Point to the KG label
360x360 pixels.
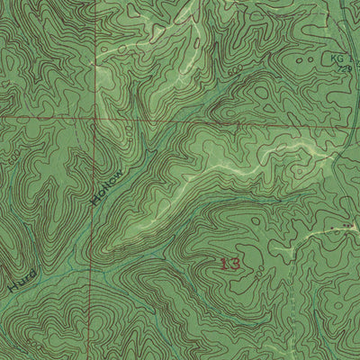[x=337, y=58]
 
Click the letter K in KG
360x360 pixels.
[x=333, y=58]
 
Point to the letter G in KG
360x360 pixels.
[x=340, y=58]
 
